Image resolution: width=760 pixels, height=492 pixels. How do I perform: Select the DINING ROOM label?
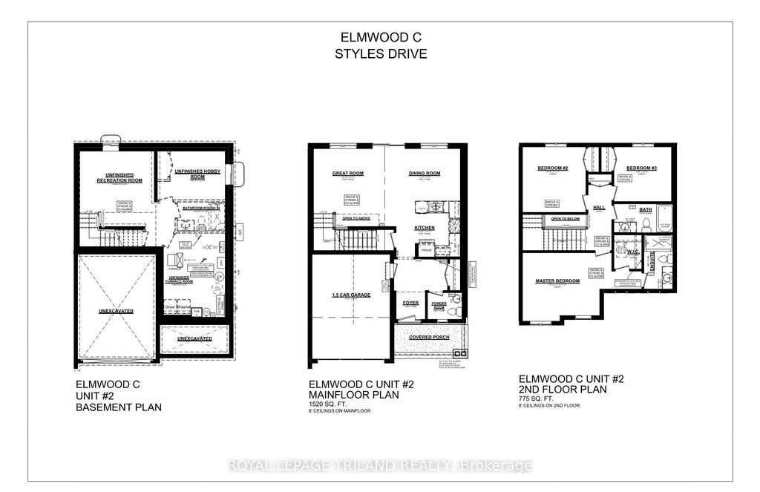tap(425, 174)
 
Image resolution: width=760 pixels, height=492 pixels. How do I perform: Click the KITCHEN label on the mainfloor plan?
tap(425, 228)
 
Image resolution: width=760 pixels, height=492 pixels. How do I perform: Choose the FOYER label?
tap(411, 303)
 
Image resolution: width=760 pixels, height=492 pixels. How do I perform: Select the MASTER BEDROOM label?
tap(557, 281)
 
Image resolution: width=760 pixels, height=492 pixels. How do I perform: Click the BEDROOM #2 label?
tap(552, 168)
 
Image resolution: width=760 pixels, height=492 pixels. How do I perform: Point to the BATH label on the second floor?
tap(646, 210)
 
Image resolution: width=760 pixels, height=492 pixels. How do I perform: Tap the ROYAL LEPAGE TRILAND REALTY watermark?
tap(379, 466)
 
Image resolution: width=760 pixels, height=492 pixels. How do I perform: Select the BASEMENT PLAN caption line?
tap(118, 407)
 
